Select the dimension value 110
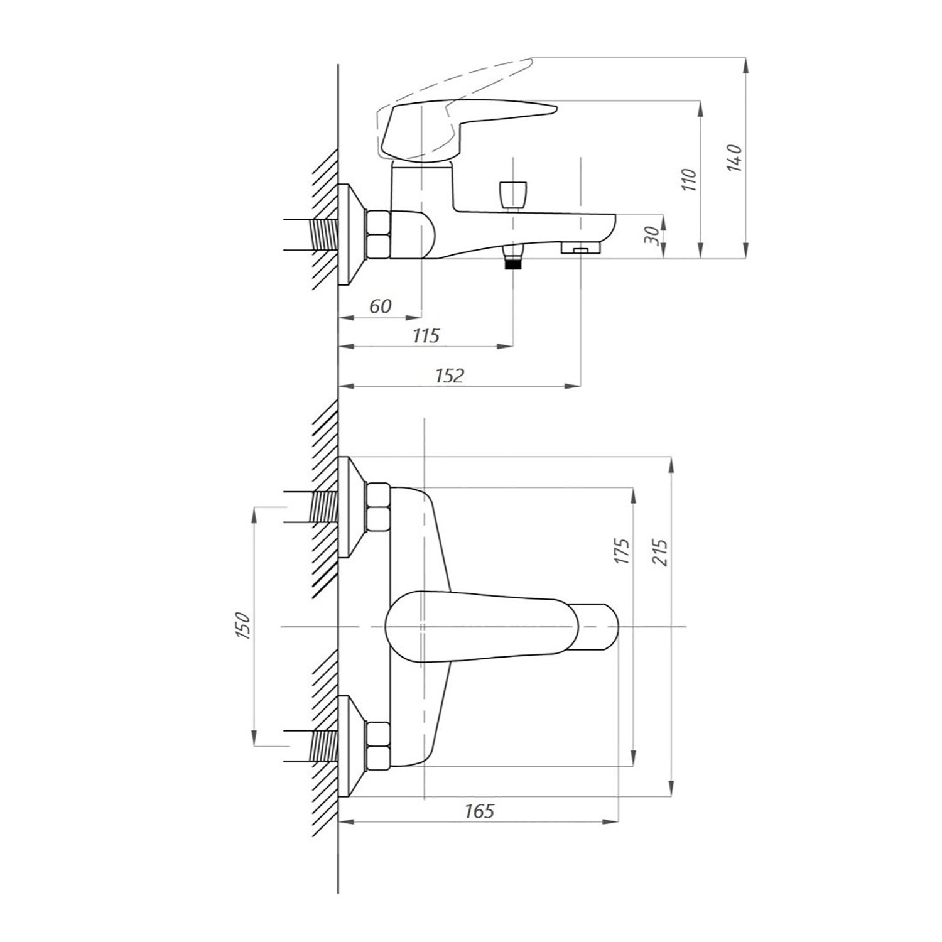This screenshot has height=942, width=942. (x=689, y=180)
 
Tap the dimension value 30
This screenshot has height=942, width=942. (x=653, y=235)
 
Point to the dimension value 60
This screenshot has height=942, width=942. (x=380, y=306)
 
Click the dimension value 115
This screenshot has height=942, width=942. (x=426, y=336)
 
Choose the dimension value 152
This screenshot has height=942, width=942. (x=449, y=376)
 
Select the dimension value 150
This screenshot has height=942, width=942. (x=242, y=625)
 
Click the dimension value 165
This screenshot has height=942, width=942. (x=479, y=811)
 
